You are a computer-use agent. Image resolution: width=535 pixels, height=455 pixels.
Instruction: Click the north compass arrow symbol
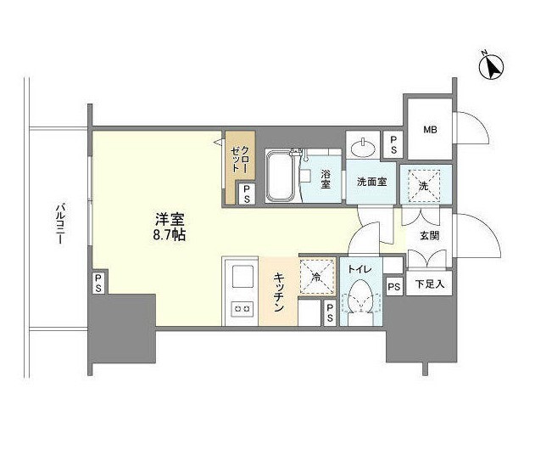click(492, 67)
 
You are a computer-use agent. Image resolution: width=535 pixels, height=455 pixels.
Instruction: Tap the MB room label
click(430, 130)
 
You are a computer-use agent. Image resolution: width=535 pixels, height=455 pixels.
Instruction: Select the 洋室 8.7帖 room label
click(170, 227)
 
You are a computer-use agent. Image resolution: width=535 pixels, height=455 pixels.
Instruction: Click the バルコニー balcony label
click(61, 224)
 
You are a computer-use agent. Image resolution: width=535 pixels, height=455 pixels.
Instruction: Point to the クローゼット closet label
click(240, 159)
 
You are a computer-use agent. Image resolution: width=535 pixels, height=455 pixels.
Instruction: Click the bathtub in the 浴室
click(280, 177)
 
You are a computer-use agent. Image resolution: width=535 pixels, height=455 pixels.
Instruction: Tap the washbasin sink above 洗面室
click(363, 149)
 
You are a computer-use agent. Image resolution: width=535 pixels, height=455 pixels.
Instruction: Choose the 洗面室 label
click(372, 182)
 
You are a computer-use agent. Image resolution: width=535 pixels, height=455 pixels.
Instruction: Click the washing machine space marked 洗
click(426, 184)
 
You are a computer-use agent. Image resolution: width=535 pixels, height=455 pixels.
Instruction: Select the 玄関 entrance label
click(430, 236)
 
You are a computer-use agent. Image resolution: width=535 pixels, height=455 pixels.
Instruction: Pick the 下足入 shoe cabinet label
click(430, 284)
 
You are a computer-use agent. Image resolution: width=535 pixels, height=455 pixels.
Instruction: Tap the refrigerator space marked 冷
click(317, 277)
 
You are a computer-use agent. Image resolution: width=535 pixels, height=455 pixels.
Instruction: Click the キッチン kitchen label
click(278, 292)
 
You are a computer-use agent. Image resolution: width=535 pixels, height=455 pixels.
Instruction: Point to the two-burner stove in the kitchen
click(242, 309)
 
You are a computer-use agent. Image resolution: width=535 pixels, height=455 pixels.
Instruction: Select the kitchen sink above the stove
click(242, 277)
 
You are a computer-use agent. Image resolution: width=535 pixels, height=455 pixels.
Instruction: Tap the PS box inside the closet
click(247, 194)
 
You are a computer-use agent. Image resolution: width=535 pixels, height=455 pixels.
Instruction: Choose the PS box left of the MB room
click(393, 145)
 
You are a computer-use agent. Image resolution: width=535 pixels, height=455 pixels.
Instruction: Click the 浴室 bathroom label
click(326, 179)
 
